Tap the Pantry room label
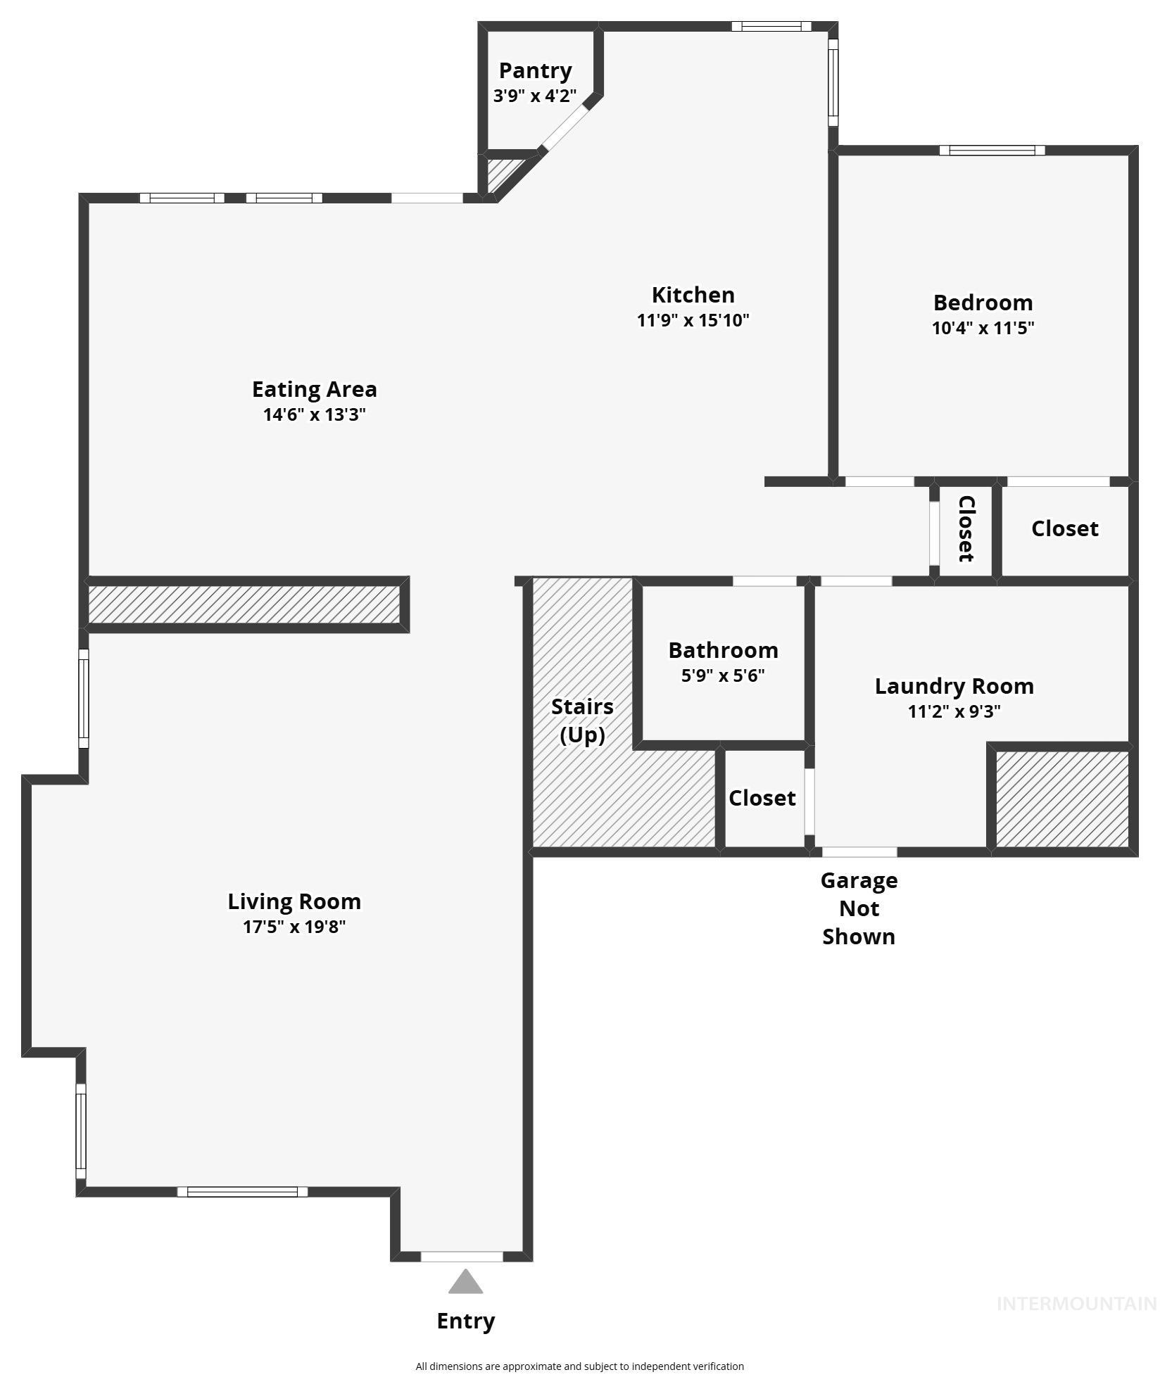[x=535, y=70]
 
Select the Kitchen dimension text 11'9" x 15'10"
[x=693, y=320]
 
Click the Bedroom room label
[x=983, y=303]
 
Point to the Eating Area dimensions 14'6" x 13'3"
[x=314, y=414]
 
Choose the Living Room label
[x=294, y=901]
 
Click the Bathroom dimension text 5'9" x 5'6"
[x=723, y=675]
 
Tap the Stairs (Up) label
[x=582, y=720]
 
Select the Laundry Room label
[x=954, y=686]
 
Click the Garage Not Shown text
[x=859, y=908]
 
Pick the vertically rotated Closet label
[x=966, y=529]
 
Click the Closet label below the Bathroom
[x=762, y=798]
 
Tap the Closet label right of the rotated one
[x=1064, y=528]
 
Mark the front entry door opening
[x=462, y=1256]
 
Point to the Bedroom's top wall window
[x=992, y=150]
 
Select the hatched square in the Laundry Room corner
[x=1062, y=799]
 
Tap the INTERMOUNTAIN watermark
[x=1076, y=1304]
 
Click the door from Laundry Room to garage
[x=859, y=852]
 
